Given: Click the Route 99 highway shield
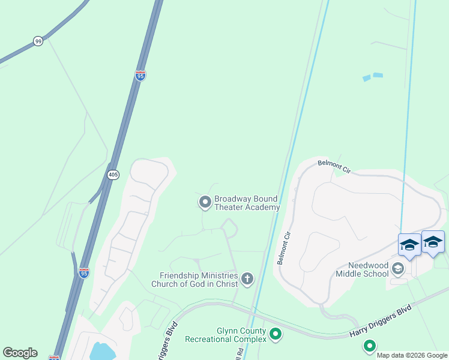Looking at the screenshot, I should tap(38, 41).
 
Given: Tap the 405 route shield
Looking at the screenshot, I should tap(113, 175).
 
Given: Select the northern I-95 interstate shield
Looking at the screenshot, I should tap(140, 76).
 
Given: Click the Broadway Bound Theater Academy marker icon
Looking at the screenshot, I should tap(205, 202).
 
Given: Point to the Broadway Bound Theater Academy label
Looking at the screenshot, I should tap(247, 203).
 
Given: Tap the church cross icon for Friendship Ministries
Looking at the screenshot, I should tap(247, 278).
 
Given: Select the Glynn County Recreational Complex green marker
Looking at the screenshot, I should tap(276, 334).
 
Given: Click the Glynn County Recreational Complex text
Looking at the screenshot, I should tap(241, 335).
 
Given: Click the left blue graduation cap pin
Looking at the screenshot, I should tap(409, 245).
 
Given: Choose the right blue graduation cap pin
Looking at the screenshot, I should tap(433, 242).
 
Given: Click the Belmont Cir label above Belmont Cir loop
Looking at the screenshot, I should tap(334, 166).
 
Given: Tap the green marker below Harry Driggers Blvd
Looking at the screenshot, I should tap(369, 346).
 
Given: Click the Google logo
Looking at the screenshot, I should tap(20, 353).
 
